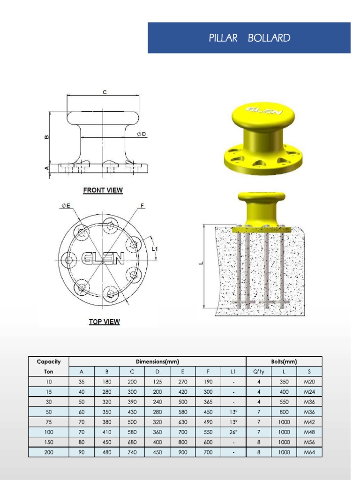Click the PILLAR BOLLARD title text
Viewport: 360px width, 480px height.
(x=249, y=38)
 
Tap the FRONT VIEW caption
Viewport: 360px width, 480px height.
(x=103, y=190)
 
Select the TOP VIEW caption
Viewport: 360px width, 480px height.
(x=104, y=322)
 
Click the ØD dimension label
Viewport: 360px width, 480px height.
(x=142, y=134)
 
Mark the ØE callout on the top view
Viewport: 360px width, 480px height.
(x=66, y=205)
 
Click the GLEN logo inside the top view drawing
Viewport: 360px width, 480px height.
(x=103, y=258)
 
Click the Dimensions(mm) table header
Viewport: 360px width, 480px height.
(x=157, y=361)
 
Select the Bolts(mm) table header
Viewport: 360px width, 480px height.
(x=284, y=361)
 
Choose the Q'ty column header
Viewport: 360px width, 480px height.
(x=259, y=372)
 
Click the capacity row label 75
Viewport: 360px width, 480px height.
(x=49, y=422)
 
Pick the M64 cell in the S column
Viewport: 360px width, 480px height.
(x=309, y=452)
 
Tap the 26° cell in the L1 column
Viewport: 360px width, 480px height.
(x=233, y=432)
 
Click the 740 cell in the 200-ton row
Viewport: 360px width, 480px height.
(x=132, y=452)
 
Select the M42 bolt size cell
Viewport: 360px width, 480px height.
(x=309, y=422)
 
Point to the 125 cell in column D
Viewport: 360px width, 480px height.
(x=157, y=382)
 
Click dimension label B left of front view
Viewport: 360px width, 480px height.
(x=46, y=137)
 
